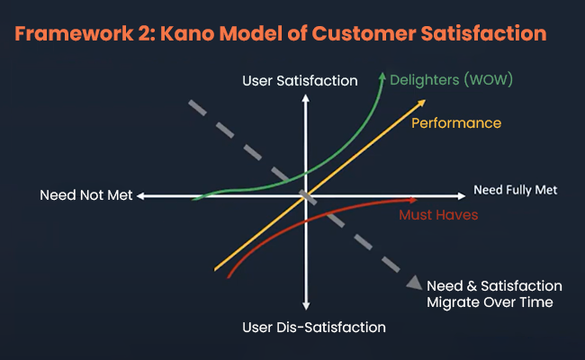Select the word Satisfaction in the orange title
tap(484, 33)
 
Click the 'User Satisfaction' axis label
tap(300, 81)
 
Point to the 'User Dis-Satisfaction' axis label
tap(314, 328)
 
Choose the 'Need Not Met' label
tap(86, 195)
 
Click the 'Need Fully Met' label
tap(515, 190)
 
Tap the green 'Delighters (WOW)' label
tap(452, 80)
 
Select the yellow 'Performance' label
tap(456, 123)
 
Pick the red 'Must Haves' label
tap(438, 215)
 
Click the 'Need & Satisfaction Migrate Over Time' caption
tap(494, 294)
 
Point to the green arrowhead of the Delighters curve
tap(382, 76)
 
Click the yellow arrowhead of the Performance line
tap(421, 103)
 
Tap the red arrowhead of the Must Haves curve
tap(413, 201)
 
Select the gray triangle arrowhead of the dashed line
tap(415, 283)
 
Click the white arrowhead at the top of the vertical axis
tap(306, 98)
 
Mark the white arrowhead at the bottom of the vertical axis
tap(306, 306)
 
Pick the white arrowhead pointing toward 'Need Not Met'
tap(141, 196)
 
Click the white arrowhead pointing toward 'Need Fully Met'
tap(462, 196)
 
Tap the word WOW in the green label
tap(489, 80)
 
